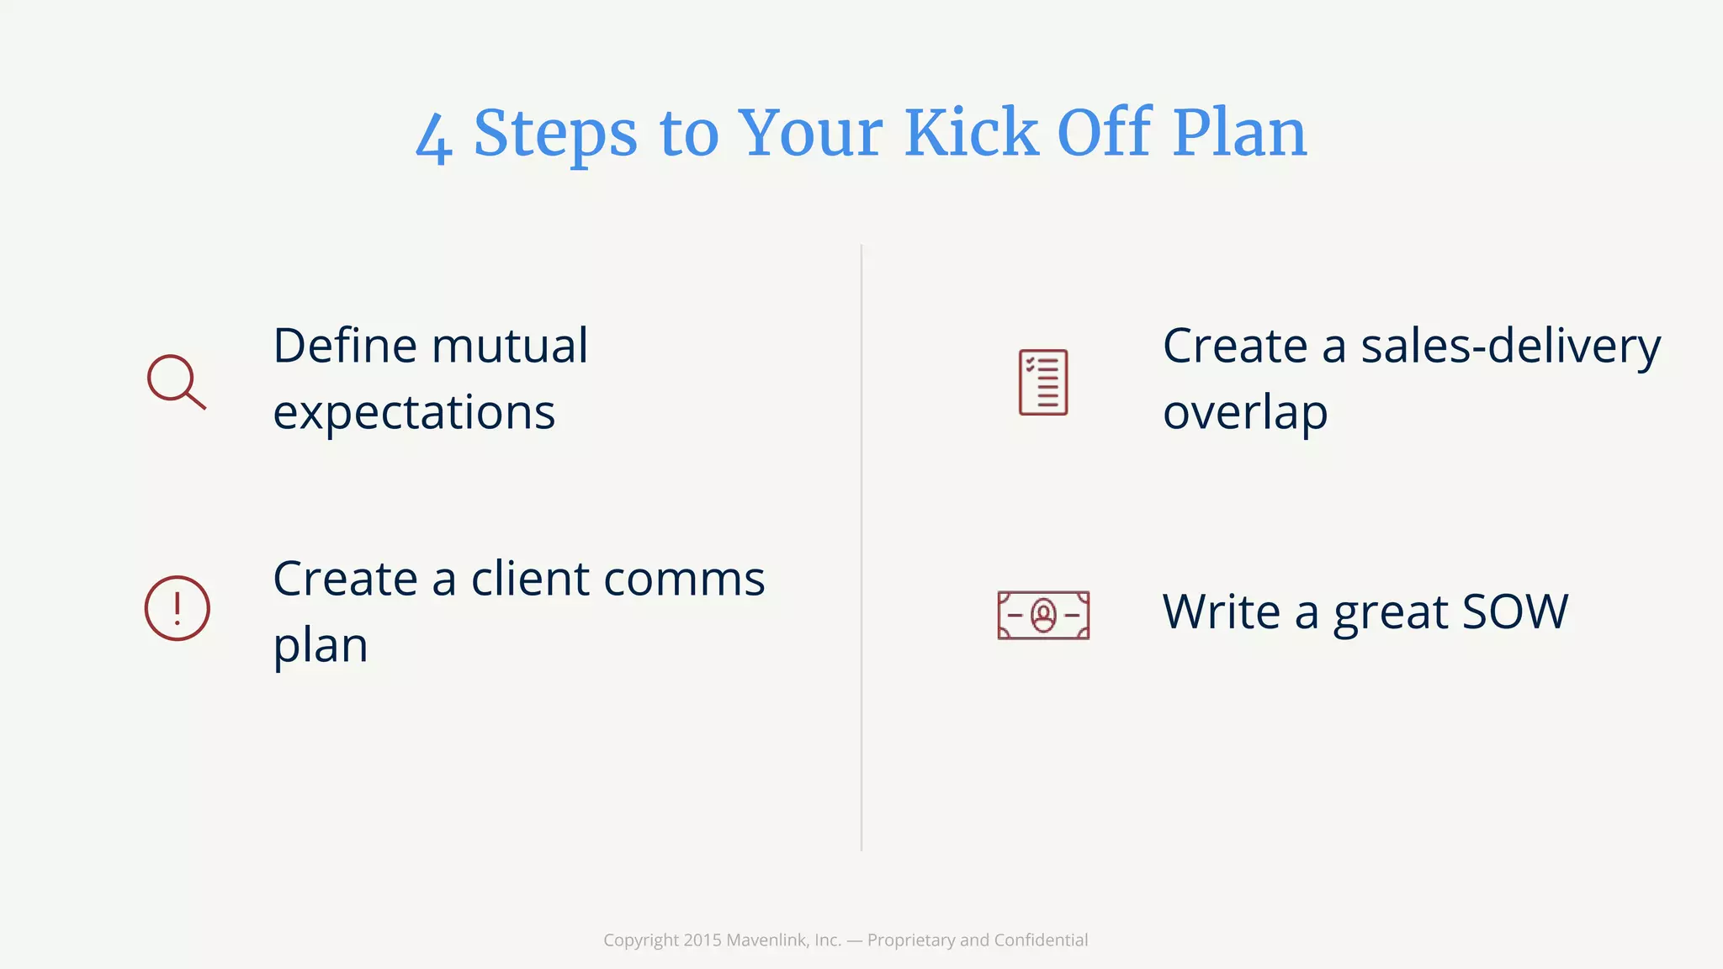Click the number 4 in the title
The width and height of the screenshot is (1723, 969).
coord(434,138)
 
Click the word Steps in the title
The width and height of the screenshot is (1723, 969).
coord(555,135)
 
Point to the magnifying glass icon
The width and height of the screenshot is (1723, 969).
coord(176,382)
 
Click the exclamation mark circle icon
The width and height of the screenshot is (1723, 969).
coord(177,608)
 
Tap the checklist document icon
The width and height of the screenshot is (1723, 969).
coord(1043,382)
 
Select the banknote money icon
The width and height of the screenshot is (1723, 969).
coord(1043,615)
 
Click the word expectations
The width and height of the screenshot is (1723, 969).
coord(414,413)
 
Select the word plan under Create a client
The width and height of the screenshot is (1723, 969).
coord(321,646)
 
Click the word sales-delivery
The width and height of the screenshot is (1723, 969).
coord(1510,347)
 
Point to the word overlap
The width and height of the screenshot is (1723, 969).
coord(1245,413)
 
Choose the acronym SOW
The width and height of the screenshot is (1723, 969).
coord(1514,612)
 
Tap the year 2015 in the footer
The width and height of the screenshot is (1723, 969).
coord(702,940)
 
